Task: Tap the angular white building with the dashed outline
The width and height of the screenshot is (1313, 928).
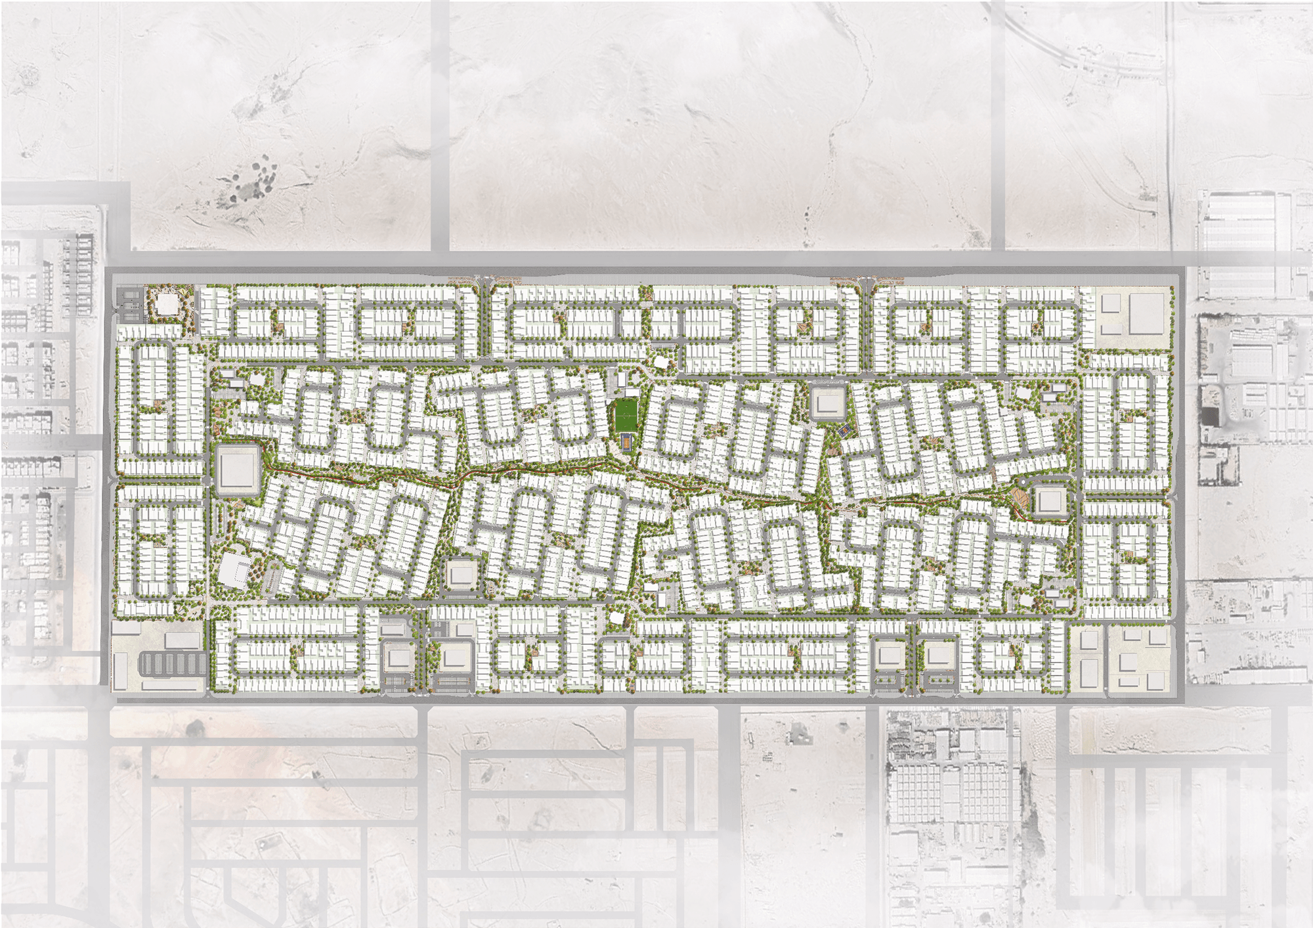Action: [x=234, y=570]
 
